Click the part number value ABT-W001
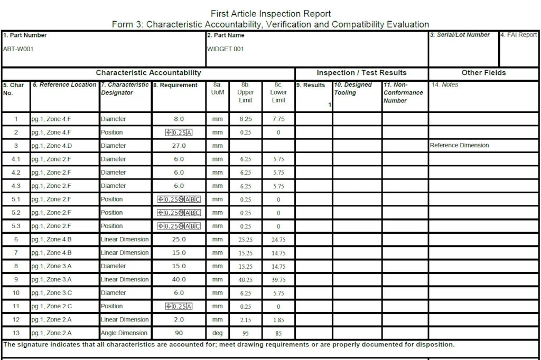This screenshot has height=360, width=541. (x=18, y=49)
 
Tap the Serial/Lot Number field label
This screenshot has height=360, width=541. (x=460, y=35)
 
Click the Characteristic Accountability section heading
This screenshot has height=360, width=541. (x=148, y=73)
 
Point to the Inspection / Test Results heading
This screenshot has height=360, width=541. (x=361, y=73)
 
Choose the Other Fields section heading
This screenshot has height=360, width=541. (x=483, y=73)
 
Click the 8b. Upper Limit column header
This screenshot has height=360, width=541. (x=246, y=92)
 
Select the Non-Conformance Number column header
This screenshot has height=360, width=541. (x=403, y=92)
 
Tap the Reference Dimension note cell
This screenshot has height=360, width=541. (x=459, y=146)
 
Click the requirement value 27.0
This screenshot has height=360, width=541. (x=179, y=146)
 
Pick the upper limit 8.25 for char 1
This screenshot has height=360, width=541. (x=246, y=119)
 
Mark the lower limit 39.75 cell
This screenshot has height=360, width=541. (x=278, y=280)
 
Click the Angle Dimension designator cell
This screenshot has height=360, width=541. (x=124, y=333)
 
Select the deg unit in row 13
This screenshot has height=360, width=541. (x=218, y=333)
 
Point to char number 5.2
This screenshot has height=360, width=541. (x=16, y=213)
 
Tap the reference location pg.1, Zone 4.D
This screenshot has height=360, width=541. (x=51, y=146)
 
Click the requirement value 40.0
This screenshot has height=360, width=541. (x=179, y=280)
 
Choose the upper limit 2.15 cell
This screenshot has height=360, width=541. (x=246, y=320)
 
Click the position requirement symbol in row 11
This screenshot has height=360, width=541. (x=179, y=306)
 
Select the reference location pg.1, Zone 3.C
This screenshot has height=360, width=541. (x=51, y=293)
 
